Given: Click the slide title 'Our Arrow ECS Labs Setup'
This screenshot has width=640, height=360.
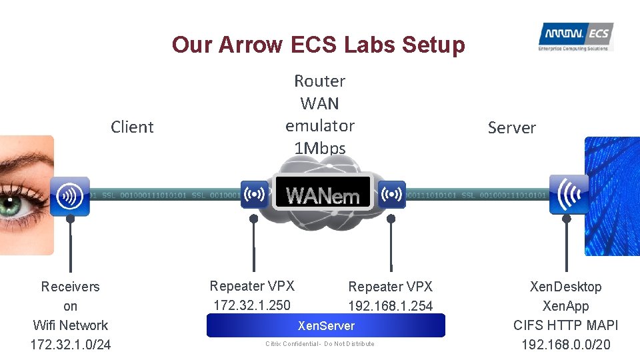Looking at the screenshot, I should click(318, 45).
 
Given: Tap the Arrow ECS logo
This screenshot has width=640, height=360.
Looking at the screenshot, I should click(575, 37).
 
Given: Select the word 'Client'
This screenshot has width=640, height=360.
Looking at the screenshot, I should click(132, 127).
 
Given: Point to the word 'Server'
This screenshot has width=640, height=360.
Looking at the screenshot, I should click(511, 127).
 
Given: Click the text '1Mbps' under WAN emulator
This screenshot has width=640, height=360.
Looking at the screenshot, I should click(320, 148).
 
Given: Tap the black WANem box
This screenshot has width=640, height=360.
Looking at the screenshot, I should click(323, 194).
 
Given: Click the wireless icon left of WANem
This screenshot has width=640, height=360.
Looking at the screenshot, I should click(254, 195).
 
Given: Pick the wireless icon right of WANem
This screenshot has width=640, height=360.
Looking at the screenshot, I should click(392, 195).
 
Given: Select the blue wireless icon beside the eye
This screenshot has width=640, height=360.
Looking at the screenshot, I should click(69, 196).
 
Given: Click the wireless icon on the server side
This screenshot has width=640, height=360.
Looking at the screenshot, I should click(568, 194).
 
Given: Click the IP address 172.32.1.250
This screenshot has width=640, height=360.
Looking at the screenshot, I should click(251, 305).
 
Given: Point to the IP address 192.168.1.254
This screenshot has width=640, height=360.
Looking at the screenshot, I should click(390, 306).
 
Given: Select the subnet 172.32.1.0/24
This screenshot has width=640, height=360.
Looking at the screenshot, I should click(70, 345).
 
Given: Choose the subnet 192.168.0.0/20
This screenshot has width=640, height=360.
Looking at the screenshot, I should click(565, 345).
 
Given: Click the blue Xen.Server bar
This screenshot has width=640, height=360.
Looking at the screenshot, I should click(325, 325).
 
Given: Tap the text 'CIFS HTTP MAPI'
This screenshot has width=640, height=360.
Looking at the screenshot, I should click(565, 325).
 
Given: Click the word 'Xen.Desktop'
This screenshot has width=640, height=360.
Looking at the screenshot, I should click(565, 287).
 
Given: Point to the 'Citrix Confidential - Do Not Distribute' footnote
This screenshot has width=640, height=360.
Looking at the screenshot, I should click(319, 344).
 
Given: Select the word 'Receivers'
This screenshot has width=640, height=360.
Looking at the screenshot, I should click(70, 287).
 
